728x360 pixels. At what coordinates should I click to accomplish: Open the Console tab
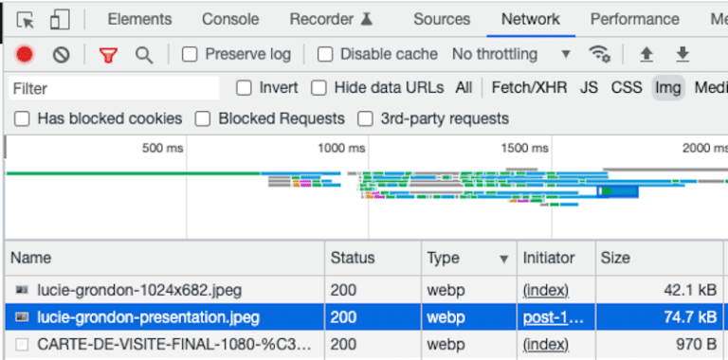tap(230, 19)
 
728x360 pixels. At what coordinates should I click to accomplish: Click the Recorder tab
tap(332, 19)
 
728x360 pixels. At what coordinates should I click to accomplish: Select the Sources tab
tap(441, 19)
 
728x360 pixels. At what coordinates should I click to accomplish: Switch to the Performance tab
tap(634, 19)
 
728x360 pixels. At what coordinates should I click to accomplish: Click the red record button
tap(25, 55)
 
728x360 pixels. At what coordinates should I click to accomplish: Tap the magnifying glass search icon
tap(144, 55)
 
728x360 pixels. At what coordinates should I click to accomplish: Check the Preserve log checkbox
tap(190, 55)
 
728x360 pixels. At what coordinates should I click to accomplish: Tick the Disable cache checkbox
tap(325, 55)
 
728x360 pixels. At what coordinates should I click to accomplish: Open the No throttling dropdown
tap(512, 55)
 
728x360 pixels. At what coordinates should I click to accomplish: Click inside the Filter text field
tap(114, 88)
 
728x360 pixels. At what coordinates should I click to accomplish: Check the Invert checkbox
tap(244, 88)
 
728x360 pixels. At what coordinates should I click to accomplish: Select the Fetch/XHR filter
tap(529, 88)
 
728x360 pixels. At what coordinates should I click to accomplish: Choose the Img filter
tap(668, 88)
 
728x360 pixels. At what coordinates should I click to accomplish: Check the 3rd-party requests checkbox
tap(365, 119)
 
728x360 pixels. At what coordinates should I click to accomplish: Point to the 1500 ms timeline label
tap(524, 149)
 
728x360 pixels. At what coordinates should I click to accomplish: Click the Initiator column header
tap(549, 258)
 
